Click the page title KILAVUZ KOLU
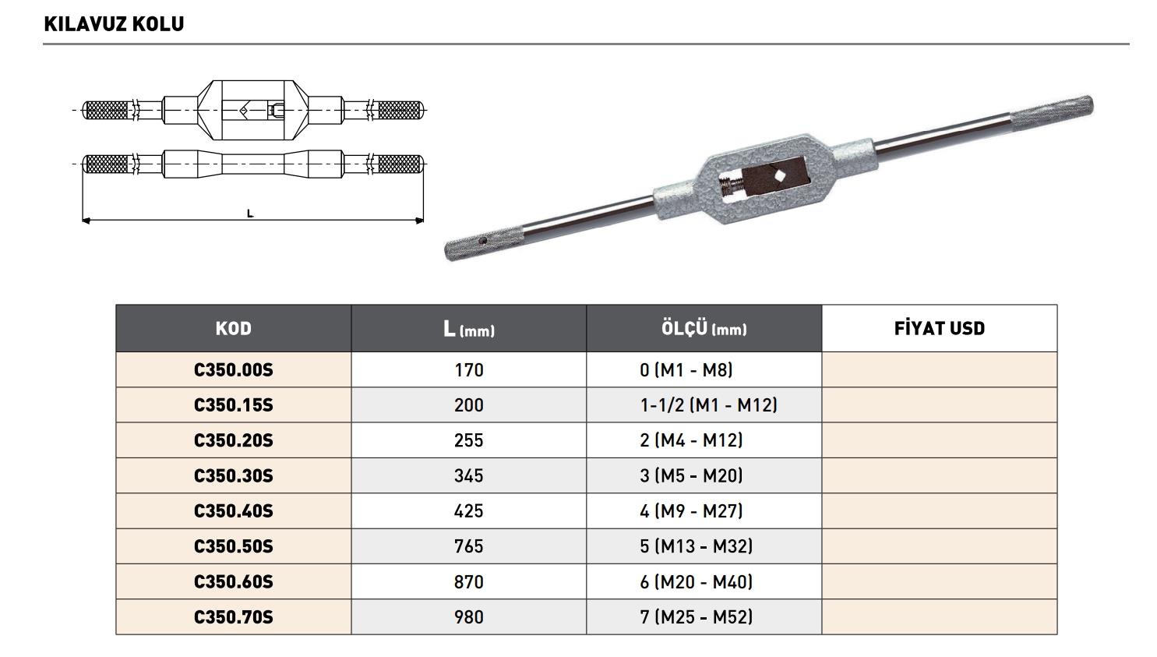(x=114, y=23)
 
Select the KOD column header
(x=234, y=328)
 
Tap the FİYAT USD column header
(x=939, y=328)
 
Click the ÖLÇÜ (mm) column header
(x=704, y=328)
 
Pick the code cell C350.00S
(x=234, y=369)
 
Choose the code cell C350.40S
(x=234, y=511)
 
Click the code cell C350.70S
(x=234, y=617)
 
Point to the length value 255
(x=469, y=440)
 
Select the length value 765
(x=469, y=546)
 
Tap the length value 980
(x=469, y=617)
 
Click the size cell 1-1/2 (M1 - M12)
(x=708, y=405)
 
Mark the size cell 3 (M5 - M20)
(x=691, y=475)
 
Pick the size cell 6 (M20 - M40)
(x=696, y=582)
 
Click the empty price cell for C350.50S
(x=939, y=546)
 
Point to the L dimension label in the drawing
(x=250, y=214)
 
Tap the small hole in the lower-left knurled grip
(x=483, y=241)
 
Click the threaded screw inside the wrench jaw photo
(x=731, y=186)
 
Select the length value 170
(x=469, y=369)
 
